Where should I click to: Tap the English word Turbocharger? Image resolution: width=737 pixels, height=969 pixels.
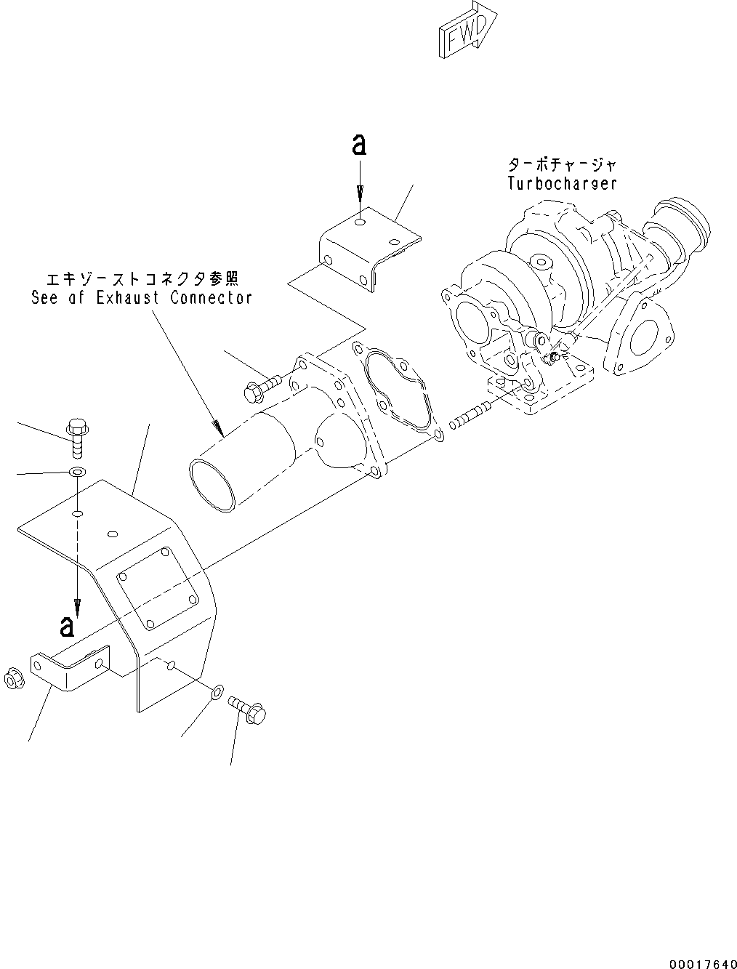pos(562,183)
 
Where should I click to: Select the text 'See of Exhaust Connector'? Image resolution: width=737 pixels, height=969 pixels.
pos(142,297)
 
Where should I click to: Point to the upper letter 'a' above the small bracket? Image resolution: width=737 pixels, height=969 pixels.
pos(358,146)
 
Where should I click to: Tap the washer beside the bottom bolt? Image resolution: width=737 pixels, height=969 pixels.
pos(217,693)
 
